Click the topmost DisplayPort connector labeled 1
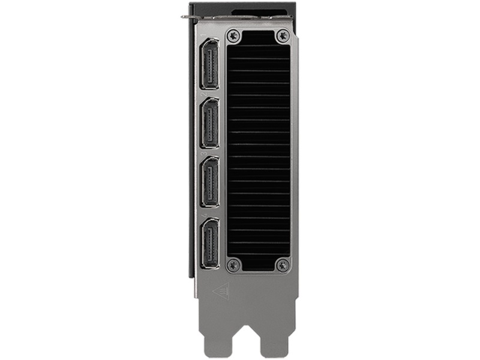point(209,64)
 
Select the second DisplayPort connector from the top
point(209,123)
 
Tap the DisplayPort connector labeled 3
point(209,182)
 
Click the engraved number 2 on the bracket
point(204,95)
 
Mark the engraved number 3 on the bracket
point(204,154)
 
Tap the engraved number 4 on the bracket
point(204,214)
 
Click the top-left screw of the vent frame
point(234,35)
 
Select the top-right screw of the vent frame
point(282,35)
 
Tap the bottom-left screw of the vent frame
point(234,264)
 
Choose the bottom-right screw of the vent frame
point(282,264)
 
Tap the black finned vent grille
point(258,150)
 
